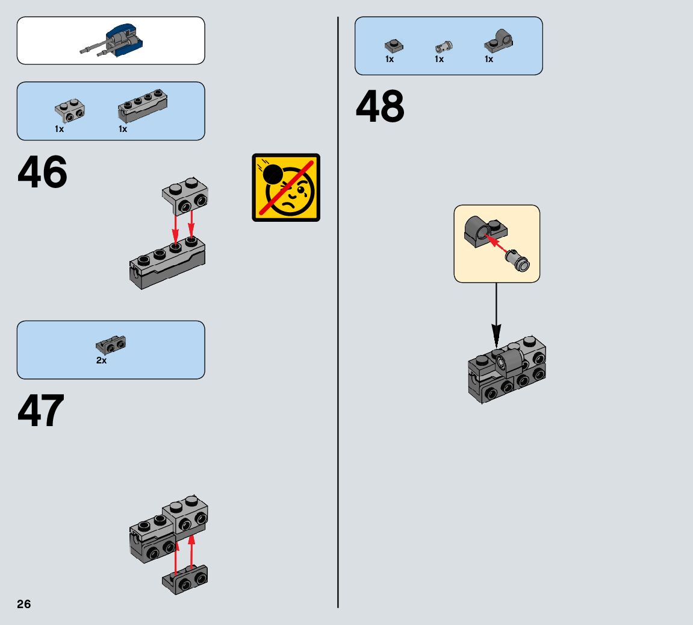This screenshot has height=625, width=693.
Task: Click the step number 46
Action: tap(42, 172)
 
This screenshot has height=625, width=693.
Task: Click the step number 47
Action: tap(41, 412)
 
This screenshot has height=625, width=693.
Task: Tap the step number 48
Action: tap(380, 107)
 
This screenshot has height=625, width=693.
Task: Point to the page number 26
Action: tap(24, 605)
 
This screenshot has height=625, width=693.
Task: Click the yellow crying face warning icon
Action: tap(286, 187)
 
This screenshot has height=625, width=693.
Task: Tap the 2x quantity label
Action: tap(101, 360)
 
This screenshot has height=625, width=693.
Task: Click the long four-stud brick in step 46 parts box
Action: tap(142, 105)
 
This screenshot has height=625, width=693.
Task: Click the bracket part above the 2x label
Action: tap(111, 344)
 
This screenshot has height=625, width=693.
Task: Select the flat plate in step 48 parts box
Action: tap(394, 45)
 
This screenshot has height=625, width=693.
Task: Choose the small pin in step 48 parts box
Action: tap(443, 46)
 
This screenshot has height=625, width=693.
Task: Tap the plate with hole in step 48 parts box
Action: tap(498, 42)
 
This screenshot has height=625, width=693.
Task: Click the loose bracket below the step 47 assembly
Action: tap(185, 579)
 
